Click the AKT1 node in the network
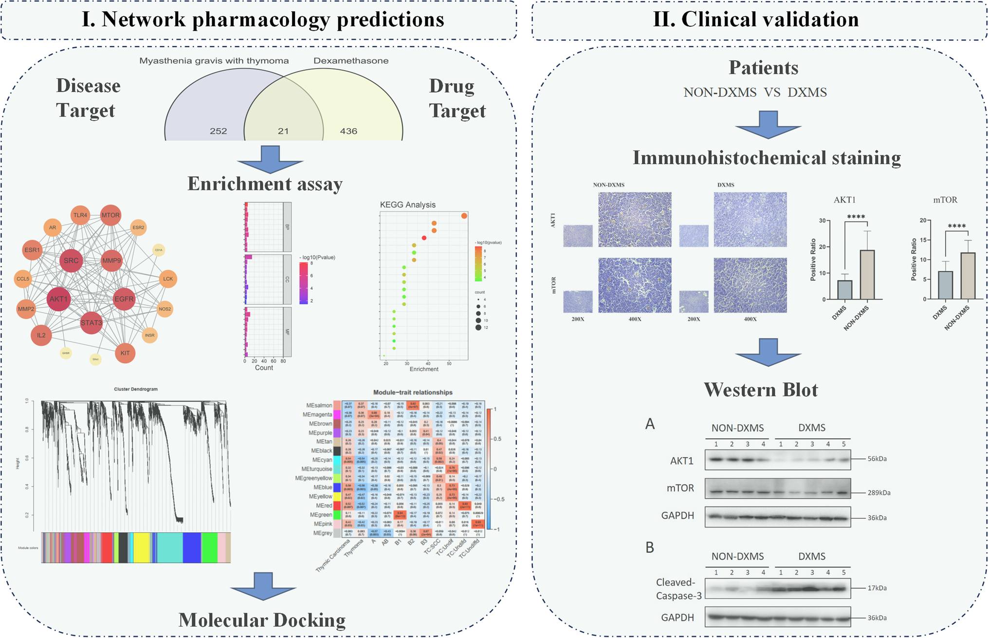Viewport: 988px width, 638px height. (58, 299)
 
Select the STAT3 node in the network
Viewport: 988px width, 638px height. (91, 323)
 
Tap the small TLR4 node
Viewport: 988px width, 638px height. (80, 215)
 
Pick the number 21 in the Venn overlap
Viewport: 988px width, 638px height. (283, 131)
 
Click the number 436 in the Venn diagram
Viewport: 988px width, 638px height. (348, 131)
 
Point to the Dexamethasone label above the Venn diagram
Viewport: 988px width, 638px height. (351, 61)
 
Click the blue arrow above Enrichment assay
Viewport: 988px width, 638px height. (270, 160)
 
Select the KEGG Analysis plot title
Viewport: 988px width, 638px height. (407, 205)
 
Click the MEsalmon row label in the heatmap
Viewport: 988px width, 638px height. (319, 405)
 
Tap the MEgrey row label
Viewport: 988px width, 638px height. (321, 533)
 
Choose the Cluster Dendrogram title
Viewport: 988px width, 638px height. (136, 389)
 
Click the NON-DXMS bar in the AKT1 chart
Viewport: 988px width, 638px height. (867, 275)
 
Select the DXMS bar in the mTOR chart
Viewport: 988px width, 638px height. (945, 285)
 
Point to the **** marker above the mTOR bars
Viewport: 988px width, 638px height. (956, 226)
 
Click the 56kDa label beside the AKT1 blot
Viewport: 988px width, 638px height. (877, 459)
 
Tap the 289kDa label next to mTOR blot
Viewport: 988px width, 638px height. (878, 493)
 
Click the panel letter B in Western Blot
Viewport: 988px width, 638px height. (650, 548)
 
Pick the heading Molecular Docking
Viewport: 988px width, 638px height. (262, 620)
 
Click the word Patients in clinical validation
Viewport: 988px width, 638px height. (763, 68)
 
